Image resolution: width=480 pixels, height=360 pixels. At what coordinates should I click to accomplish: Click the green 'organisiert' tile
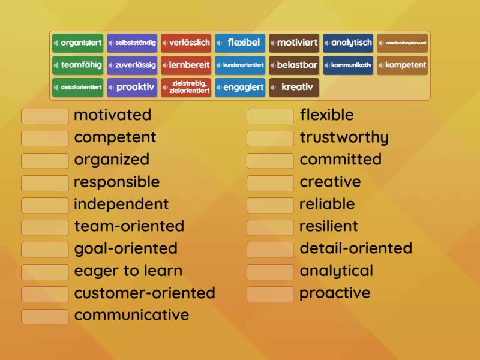pyautogui.click(x=78, y=43)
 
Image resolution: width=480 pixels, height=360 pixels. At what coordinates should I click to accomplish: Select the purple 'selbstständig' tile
pyautogui.click(x=132, y=43)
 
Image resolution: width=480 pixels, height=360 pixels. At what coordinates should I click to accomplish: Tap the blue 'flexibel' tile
pyautogui.click(x=240, y=43)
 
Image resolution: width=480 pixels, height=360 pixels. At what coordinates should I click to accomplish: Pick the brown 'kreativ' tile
pyautogui.click(x=294, y=87)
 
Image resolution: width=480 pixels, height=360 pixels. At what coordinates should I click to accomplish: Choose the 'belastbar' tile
pyautogui.click(x=294, y=65)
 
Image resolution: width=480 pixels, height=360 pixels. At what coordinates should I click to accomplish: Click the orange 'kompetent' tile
pyautogui.click(x=402, y=65)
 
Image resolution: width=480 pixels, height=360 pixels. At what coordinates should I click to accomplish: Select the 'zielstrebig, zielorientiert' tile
pyautogui.click(x=186, y=87)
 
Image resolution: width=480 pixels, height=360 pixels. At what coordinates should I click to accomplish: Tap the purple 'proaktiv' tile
pyautogui.click(x=132, y=87)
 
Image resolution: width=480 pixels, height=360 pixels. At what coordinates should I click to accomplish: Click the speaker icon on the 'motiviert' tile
pyautogui.click(x=274, y=43)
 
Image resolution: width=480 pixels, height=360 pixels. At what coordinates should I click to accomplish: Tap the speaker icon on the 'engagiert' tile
pyautogui.click(x=220, y=88)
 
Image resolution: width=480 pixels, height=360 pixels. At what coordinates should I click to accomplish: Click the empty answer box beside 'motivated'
pyautogui.click(x=45, y=116)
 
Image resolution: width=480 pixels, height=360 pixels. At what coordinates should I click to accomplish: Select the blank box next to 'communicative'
pyautogui.click(x=45, y=316)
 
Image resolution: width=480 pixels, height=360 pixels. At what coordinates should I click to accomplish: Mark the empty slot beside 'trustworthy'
pyautogui.click(x=270, y=138)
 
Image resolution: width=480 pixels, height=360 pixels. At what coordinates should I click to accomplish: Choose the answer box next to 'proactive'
pyautogui.click(x=270, y=294)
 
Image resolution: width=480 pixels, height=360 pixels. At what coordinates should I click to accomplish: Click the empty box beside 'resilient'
pyautogui.click(x=270, y=227)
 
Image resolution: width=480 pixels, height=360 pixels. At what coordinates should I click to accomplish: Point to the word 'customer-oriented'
pyautogui.click(x=145, y=293)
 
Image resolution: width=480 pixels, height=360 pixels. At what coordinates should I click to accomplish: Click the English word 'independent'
pyautogui.click(x=121, y=204)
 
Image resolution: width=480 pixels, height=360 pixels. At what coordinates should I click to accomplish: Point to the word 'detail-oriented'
pyautogui.click(x=356, y=248)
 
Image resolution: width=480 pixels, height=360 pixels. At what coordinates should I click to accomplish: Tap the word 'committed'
pyautogui.click(x=340, y=160)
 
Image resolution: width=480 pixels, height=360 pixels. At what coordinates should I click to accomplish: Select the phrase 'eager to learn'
pyautogui.click(x=128, y=271)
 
